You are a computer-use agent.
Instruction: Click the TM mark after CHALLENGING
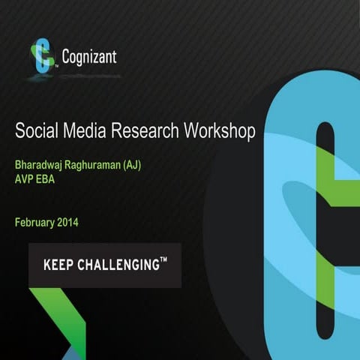coord(163,260)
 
